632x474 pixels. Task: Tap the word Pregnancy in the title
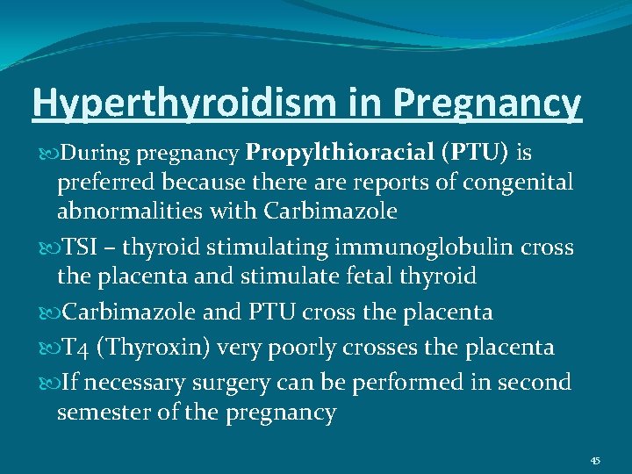pyautogui.click(x=487, y=103)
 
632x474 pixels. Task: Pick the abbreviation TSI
pyautogui.click(x=82, y=248)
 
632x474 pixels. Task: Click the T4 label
pyautogui.click(x=76, y=348)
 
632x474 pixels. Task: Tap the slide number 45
pyautogui.click(x=594, y=461)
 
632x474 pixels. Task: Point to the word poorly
pyautogui.click(x=296, y=348)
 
